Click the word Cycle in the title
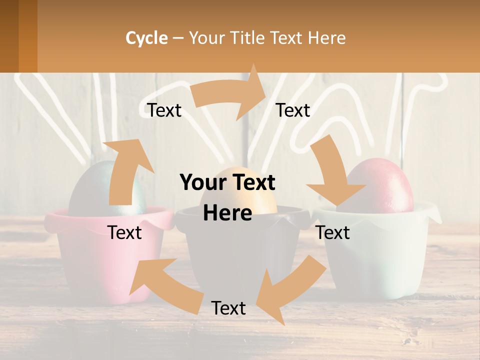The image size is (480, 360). pyautogui.click(x=146, y=38)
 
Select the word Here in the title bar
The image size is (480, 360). pyautogui.click(x=326, y=38)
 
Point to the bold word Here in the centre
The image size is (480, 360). pyautogui.click(x=227, y=213)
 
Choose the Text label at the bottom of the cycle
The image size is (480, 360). pyautogui.click(x=228, y=308)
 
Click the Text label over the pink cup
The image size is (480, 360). pyautogui.click(x=124, y=232)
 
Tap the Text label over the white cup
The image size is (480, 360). pyautogui.click(x=333, y=232)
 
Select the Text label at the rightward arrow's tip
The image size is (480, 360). pyautogui.click(x=293, y=110)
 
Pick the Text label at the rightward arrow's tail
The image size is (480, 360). pyautogui.click(x=164, y=110)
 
